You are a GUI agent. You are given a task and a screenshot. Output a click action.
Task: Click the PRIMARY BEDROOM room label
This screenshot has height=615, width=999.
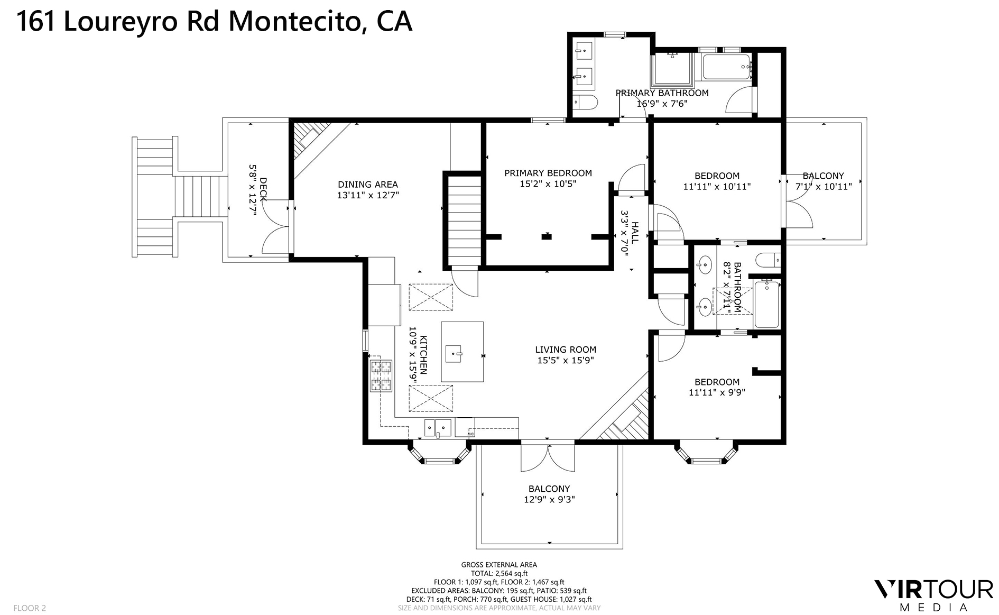click(x=548, y=173)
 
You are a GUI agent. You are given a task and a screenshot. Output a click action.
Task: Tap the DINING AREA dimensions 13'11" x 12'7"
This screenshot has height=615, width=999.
click(x=368, y=195)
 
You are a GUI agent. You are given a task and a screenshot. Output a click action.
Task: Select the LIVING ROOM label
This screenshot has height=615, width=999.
click(x=565, y=350)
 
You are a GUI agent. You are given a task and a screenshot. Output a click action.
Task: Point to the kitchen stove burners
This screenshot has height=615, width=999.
click(x=381, y=375)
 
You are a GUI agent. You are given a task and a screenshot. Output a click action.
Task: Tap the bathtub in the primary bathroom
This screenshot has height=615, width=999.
click(x=726, y=68)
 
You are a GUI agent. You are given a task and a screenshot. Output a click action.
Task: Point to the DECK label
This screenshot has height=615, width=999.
click(x=263, y=189)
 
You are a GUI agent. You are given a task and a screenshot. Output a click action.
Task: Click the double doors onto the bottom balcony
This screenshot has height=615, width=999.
click(x=548, y=458)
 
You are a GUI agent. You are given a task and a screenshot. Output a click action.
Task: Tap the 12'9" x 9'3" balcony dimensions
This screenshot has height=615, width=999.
click(x=549, y=500)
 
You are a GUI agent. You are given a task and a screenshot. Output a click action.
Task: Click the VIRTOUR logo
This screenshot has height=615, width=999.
click(x=933, y=589)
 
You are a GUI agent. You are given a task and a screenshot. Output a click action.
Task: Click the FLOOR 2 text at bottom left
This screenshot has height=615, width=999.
click(x=30, y=608)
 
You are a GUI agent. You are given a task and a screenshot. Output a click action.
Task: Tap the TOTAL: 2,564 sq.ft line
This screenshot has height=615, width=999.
click(x=499, y=573)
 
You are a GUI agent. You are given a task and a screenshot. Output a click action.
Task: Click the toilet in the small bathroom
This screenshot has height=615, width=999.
click(x=766, y=260)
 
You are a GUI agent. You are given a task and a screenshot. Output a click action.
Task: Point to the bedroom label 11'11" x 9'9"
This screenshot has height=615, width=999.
click(x=717, y=393)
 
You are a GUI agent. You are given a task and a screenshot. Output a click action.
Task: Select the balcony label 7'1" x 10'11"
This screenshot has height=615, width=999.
click(x=823, y=187)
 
